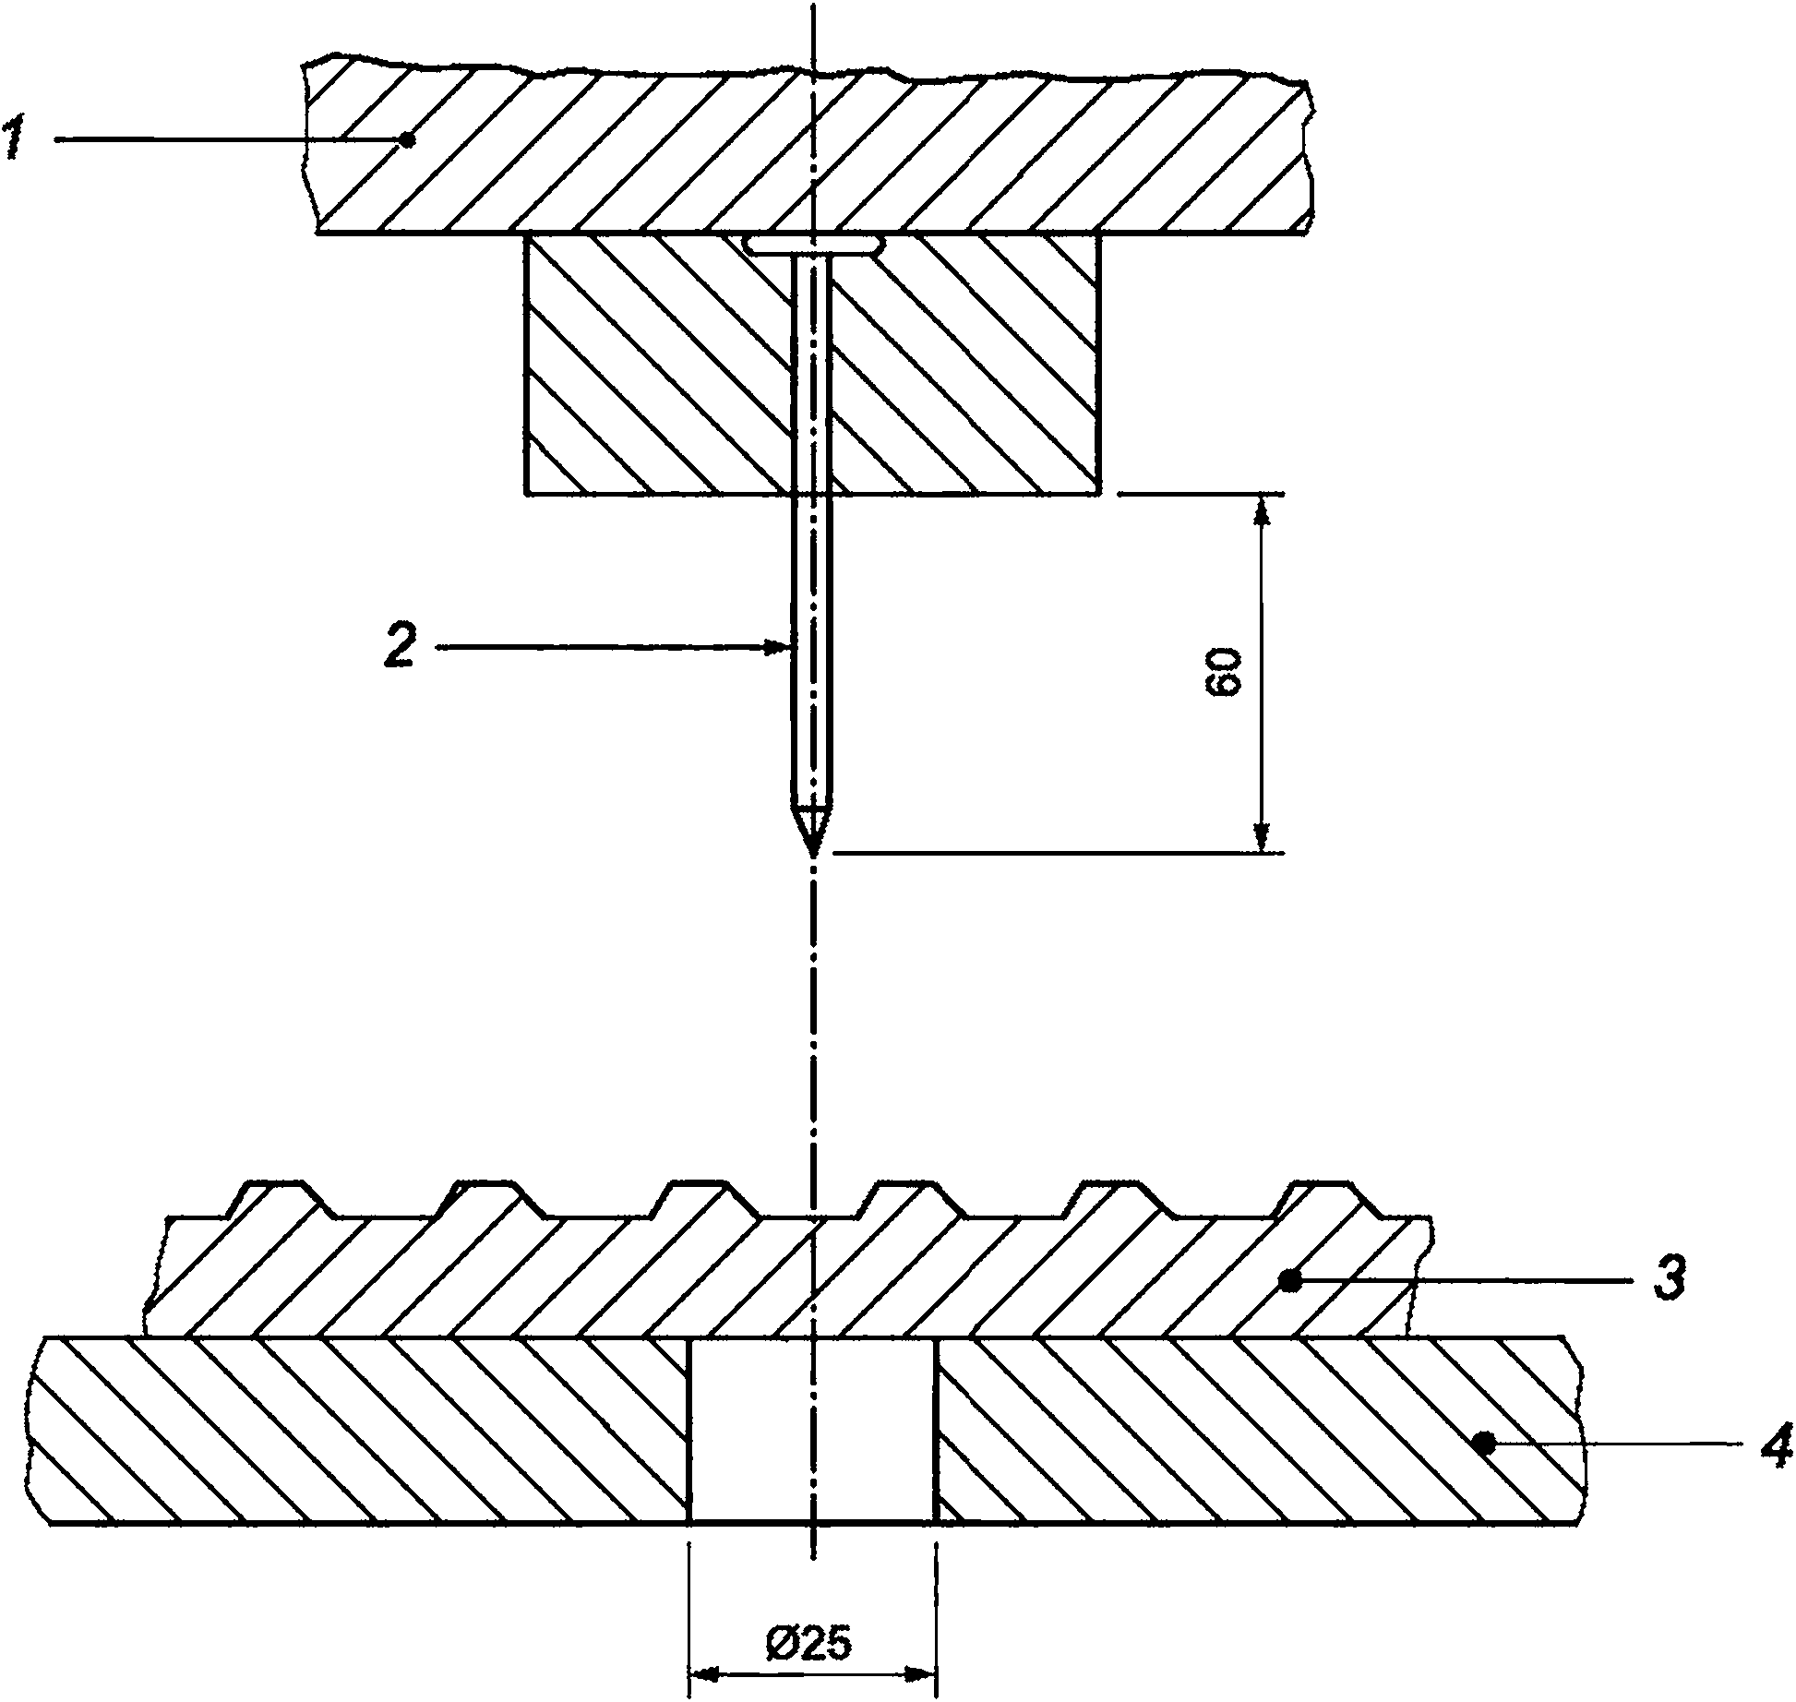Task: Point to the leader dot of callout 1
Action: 407,139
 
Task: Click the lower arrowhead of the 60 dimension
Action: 1260,834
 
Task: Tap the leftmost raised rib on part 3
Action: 274,1198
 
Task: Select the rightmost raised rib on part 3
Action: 1320,1198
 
